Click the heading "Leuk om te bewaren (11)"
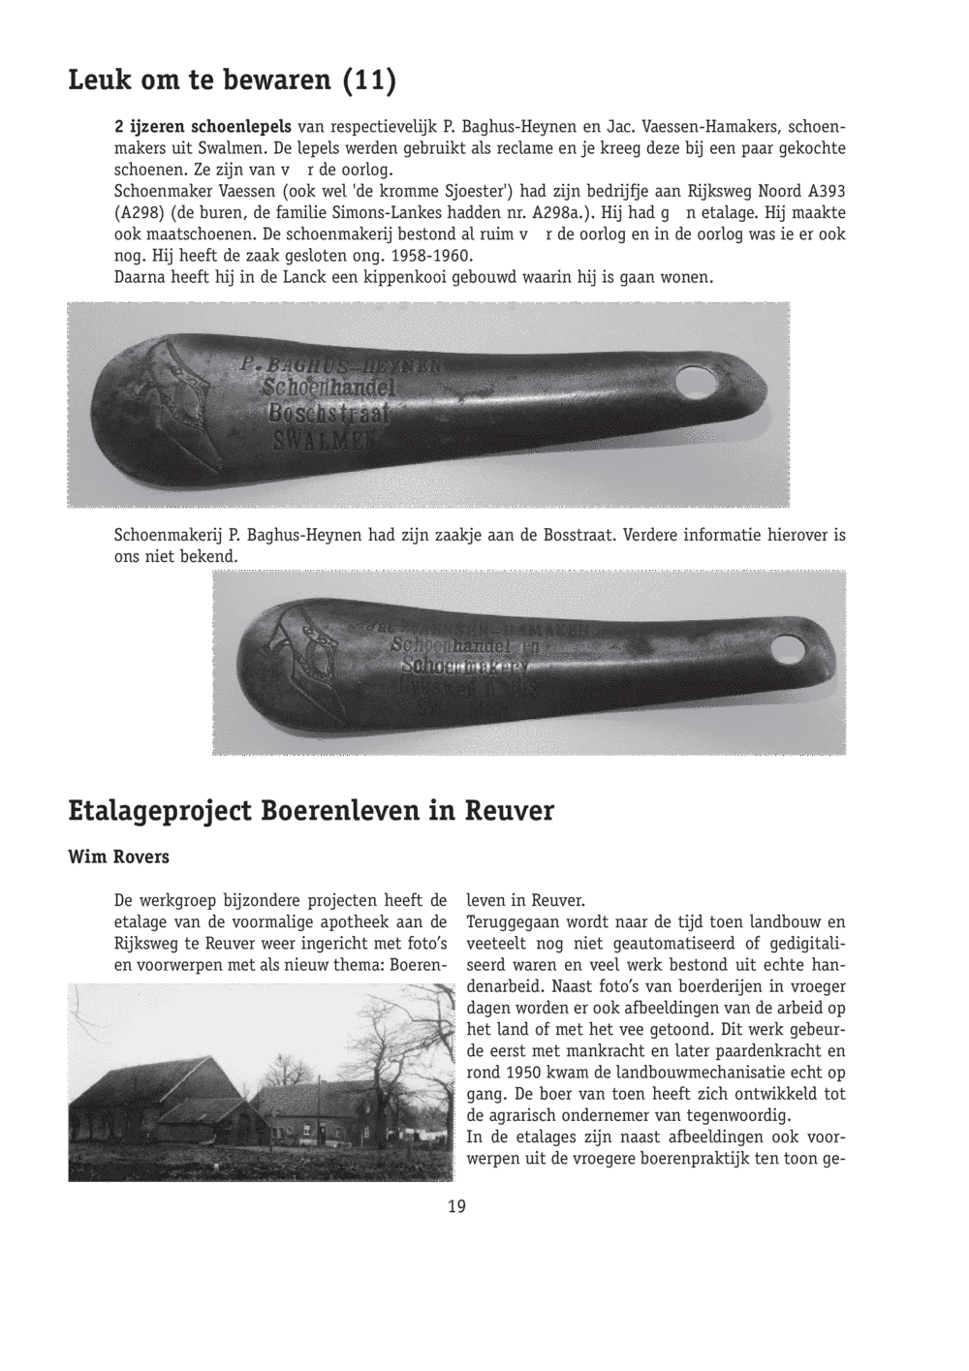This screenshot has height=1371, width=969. (x=233, y=80)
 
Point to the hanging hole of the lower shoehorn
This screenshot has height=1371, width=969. (x=787, y=648)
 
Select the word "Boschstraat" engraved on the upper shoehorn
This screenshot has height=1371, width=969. (x=328, y=415)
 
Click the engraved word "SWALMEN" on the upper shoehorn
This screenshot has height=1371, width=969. (x=327, y=442)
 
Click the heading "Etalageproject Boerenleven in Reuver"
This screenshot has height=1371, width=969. (x=311, y=811)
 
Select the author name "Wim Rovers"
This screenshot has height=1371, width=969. (x=118, y=857)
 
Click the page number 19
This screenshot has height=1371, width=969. (x=456, y=1206)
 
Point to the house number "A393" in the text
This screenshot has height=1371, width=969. (x=825, y=191)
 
